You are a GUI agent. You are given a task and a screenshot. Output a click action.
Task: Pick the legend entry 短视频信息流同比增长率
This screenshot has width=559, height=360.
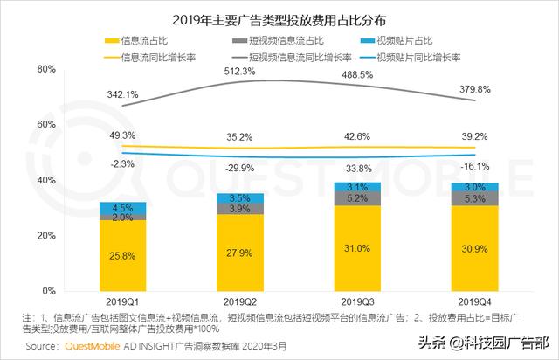point(301,58)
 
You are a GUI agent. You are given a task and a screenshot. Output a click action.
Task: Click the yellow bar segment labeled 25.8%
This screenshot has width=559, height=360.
point(123,256)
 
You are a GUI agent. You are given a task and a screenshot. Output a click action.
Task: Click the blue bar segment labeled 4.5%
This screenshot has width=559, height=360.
point(123,208)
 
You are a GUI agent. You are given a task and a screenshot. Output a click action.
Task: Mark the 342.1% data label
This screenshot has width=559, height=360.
point(123,93)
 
